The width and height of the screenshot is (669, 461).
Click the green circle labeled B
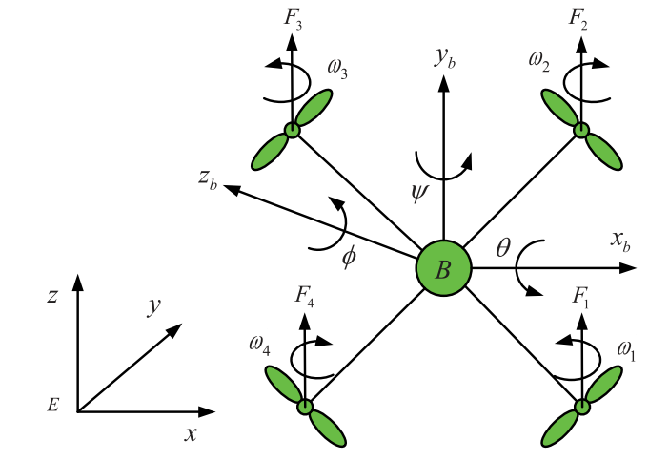[x=444, y=269]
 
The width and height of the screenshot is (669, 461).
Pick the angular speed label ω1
[x=626, y=350]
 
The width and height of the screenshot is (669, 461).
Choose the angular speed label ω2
[x=538, y=64]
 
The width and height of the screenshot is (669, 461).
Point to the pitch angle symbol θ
[x=503, y=250]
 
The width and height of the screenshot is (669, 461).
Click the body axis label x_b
[x=620, y=242]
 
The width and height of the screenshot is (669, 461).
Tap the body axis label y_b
[x=446, y=59]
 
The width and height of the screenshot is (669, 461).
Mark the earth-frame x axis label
[x=191, y=434]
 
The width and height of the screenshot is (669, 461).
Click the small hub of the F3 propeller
[x=293, y=131]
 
